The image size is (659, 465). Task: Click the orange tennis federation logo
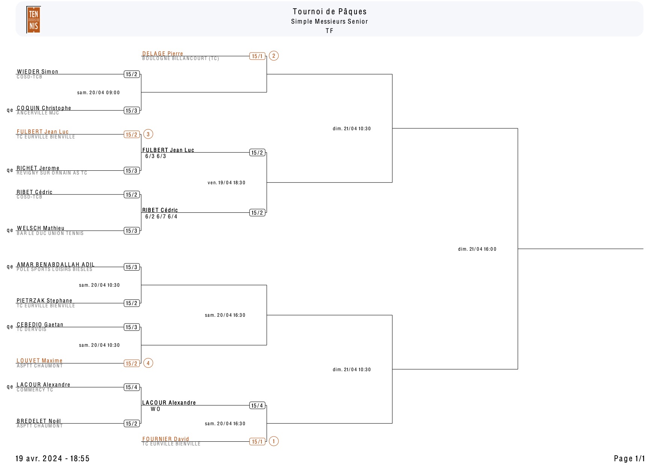33,20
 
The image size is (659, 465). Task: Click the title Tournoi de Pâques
329,12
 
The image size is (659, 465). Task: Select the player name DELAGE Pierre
163,53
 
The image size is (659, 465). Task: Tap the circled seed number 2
274,56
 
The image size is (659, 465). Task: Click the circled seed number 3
148,134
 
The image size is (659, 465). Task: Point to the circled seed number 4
148,363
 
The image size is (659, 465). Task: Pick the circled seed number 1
274,441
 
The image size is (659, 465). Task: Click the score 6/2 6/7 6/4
161,217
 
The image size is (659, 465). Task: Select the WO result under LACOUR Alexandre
156,409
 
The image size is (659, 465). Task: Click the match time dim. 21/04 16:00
477,249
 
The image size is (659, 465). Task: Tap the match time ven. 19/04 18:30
227,183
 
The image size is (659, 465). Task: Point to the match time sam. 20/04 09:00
98,93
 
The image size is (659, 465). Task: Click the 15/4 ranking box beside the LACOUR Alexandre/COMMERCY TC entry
131,387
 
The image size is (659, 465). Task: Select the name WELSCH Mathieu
41,228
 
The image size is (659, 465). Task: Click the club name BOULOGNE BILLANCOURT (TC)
180,59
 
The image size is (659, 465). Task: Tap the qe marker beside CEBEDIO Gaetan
10,327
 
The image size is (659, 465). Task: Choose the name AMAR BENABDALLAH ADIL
56,264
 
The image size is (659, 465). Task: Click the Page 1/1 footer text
629,458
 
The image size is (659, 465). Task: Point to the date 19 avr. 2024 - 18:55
53,458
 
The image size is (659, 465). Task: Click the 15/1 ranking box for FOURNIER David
257,442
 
